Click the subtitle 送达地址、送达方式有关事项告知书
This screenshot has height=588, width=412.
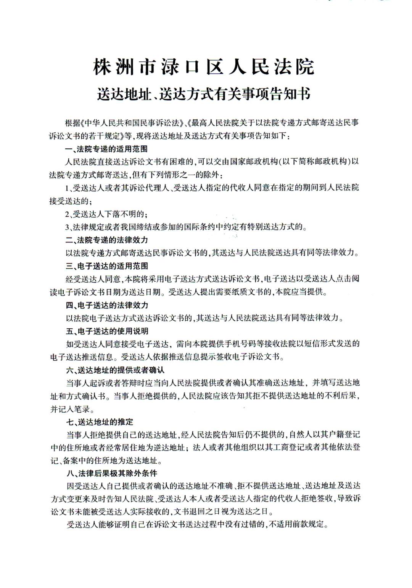(204, 93)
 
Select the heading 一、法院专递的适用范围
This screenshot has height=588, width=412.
(106, 149)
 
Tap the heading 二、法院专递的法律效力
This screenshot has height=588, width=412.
(106, 240)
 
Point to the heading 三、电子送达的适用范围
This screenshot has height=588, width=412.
(106, 266)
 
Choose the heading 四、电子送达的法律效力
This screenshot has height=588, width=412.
(106, 305)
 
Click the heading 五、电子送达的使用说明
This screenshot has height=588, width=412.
(107, 331)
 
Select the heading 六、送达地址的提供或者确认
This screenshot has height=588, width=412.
(115, 370)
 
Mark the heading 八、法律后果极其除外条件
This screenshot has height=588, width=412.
(111, 474)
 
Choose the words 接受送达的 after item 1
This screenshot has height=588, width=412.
(71, 201)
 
